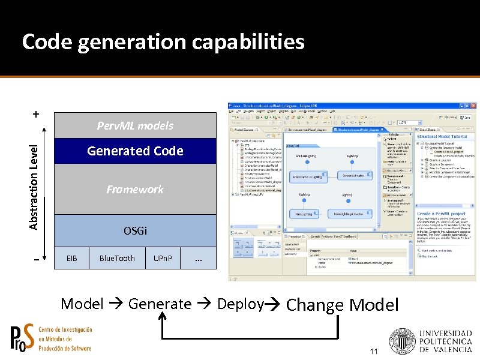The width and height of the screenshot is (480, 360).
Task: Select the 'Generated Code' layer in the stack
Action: (135, 151)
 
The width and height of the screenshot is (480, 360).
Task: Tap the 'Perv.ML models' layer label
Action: (135, 125)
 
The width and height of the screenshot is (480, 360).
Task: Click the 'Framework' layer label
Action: (135, 190)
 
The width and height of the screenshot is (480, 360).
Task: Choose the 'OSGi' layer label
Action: (135, 231)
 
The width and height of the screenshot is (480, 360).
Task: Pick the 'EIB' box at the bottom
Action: (71, 259)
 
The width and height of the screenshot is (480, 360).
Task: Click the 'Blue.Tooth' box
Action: (117, 259)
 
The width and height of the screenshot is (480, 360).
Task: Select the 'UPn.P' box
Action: (163, 259)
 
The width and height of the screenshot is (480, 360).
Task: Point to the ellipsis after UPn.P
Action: (198, 259)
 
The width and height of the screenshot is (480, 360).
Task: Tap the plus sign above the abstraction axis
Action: (37, 113)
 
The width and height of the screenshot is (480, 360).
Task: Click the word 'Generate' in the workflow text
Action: (160, 304)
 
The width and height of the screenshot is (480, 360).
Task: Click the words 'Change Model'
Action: (342, 305)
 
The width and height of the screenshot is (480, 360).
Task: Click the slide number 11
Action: (374, 351)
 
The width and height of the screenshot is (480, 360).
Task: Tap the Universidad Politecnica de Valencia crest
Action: (401, 343)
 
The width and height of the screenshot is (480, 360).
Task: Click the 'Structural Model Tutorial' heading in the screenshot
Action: (442, 137)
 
